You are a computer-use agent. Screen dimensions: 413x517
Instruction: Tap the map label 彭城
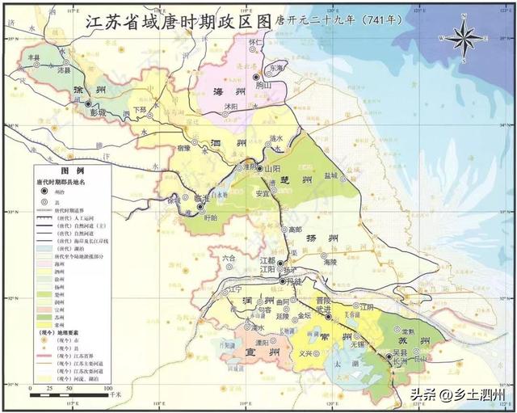[99, 113]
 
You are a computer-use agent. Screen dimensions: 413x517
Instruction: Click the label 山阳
[273, 170]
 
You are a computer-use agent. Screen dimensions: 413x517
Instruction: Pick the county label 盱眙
[212, 217]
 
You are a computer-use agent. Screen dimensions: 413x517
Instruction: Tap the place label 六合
[229, 258]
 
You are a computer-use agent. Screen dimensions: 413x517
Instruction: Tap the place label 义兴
[305, 353]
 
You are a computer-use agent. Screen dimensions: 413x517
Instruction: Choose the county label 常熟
[407, 331]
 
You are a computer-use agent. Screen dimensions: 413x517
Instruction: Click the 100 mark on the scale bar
[107, 389]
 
